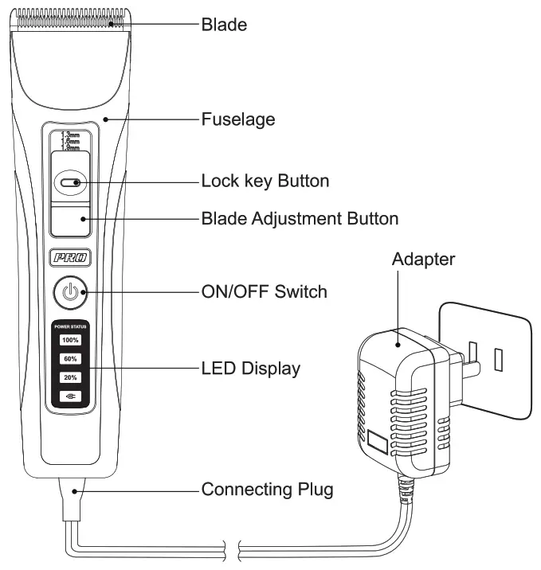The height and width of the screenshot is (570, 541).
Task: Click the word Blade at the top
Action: point(223,25)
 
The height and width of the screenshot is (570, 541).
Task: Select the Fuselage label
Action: point(237,119)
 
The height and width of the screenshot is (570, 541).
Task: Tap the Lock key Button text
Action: point(265,182)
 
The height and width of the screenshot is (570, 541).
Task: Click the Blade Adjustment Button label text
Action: point(300,217)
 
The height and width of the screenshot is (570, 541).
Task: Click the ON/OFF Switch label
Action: point(264,291)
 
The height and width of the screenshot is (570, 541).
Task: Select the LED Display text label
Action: point(250,368)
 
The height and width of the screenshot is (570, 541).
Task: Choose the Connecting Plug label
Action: point(267,489)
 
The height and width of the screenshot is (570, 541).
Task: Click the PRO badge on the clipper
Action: point(71,258)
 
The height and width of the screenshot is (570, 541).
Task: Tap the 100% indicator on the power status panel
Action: point(71,340)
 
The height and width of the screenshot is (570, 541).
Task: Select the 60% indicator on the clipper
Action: point(71,358)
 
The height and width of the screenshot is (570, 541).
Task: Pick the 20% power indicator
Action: point(71,377)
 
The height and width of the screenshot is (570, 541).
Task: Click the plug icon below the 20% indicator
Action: point(71,396)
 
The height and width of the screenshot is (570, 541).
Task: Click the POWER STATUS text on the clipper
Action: point(71,326)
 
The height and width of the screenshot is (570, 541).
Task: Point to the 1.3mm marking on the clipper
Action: point(71,136)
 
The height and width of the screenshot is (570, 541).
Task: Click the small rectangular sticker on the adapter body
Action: point(378,443)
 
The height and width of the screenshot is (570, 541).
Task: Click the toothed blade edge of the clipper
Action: point(72,18)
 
